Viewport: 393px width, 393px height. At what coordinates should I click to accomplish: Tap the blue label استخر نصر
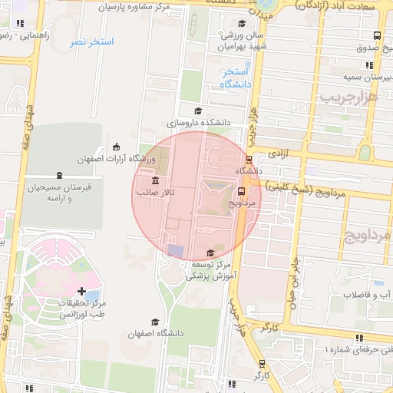point(91,41)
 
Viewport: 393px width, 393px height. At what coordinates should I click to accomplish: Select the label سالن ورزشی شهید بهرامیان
point(243,41)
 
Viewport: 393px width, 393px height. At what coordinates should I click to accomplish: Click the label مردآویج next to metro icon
point(241,204)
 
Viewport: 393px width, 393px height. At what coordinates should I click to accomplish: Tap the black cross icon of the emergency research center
point(81,291)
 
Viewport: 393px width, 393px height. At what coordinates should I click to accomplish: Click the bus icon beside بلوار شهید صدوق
point(376,35)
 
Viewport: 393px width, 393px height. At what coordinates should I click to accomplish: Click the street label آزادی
point(278,154)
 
